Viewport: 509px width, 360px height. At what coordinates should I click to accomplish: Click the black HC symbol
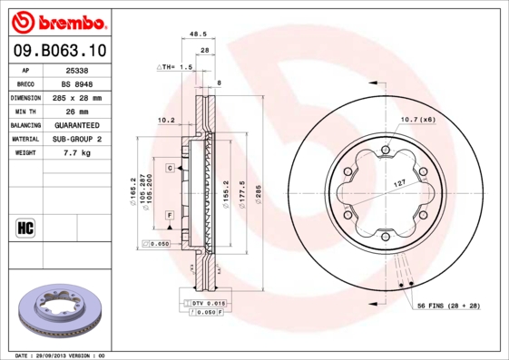24,227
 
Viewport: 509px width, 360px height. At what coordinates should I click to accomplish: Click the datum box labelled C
170,169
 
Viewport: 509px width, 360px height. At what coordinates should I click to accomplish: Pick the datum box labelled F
170,213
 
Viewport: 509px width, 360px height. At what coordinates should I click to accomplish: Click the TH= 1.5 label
177,67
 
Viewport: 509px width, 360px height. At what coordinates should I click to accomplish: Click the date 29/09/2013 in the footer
61,355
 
